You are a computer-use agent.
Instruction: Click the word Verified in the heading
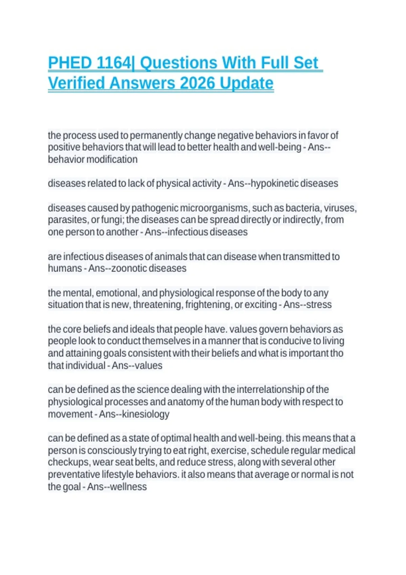tap(76, 83)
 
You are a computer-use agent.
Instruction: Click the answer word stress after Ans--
tap(319, 305)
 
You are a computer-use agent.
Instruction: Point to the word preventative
tap(74, 475)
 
